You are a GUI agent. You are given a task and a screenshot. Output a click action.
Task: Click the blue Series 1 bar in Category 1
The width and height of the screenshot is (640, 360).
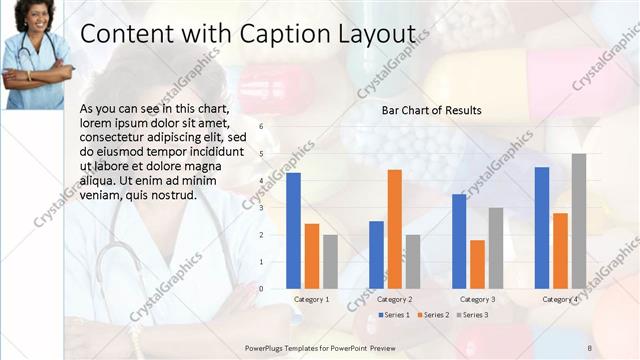click(293, 231)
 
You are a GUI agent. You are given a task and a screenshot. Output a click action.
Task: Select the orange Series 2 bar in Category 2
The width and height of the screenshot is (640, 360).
click(394, 229)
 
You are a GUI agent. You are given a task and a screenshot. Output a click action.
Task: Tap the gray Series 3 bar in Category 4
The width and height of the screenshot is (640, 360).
click(578, 221)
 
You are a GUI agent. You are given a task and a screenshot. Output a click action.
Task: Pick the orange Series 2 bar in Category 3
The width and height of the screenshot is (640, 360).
click(477, 264)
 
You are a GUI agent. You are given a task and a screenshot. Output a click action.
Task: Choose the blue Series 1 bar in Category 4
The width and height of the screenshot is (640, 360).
click(542, 228)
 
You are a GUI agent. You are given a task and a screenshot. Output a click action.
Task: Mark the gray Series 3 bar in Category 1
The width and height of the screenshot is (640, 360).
click(330, 262)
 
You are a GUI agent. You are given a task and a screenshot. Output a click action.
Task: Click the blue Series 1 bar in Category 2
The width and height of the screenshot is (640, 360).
click(376, 255)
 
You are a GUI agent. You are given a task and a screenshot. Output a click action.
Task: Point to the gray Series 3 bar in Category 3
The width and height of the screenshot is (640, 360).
click(495, 248)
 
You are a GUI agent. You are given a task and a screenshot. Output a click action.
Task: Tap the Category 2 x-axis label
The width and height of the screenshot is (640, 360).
click(394, 300)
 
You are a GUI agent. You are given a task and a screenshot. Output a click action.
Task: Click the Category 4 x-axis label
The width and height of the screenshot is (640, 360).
click(560, 300)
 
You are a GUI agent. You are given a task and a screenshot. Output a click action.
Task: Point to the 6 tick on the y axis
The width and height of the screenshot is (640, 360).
click(260, 127)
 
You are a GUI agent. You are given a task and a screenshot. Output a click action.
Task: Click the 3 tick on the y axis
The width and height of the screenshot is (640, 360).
click(260, 208)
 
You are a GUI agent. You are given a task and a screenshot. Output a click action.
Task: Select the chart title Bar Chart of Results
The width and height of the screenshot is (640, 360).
click(432, 110)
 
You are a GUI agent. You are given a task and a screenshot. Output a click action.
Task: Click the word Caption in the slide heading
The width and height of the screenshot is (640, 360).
click(281, 34)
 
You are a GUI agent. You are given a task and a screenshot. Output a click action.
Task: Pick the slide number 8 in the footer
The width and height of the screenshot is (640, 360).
click(589, 347)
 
